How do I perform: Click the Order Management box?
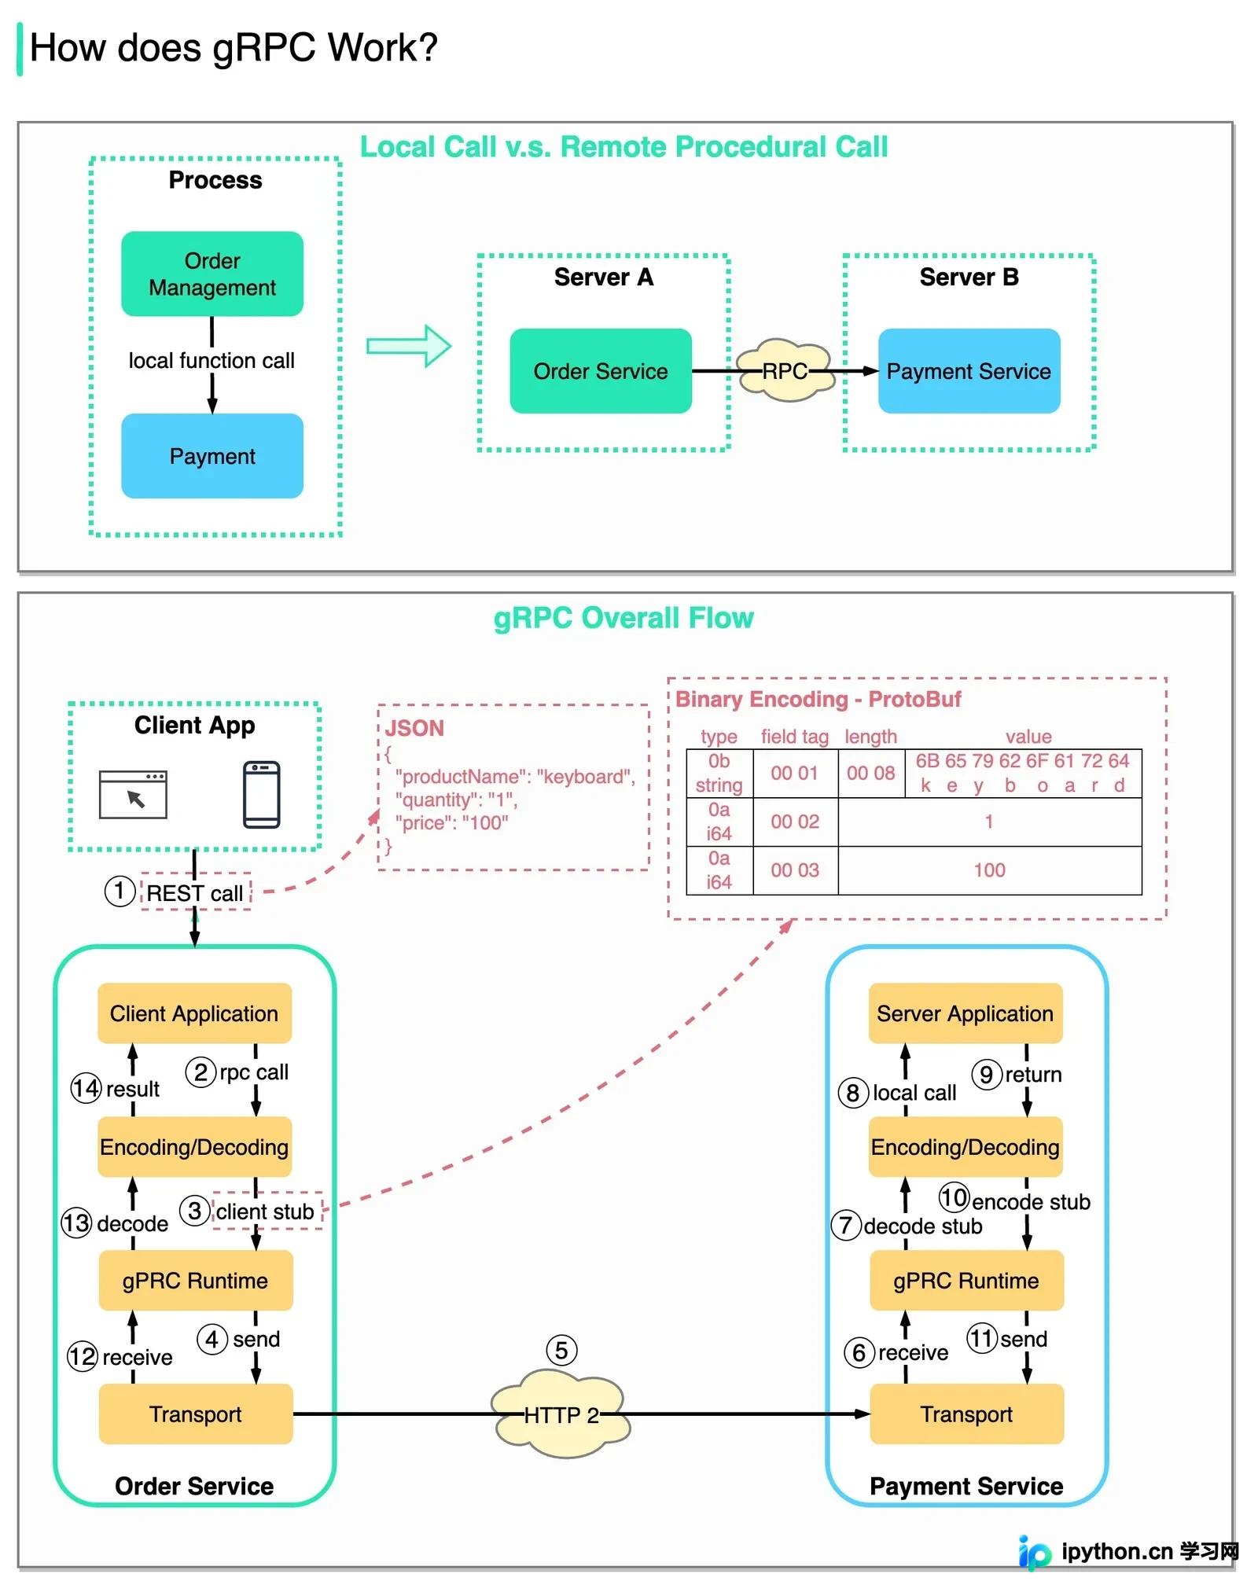(212, 274)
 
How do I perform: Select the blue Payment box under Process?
(212, 456)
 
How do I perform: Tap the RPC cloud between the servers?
(785, 370)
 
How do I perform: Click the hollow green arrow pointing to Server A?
(409, 346)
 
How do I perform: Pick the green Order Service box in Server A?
(601, 371)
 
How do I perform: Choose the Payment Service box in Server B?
(969, 371)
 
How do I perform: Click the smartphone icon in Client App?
(262, 794)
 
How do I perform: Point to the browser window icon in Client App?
(133, 794)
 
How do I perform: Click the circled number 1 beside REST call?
(120, 892)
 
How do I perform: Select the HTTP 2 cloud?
(561, 1414)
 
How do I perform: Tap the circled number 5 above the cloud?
(561, 1351)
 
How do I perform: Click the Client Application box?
(194, 1013)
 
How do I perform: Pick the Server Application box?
(966, 1013)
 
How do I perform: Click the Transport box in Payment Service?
(966, 1414)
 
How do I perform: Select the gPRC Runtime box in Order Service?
(196, 1281)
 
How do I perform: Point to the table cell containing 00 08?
(871, 774)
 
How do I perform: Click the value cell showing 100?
(990, 870)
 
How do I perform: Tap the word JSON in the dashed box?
(414, 728)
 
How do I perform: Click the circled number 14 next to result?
(86, 1088)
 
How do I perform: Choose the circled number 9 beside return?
(987, 1074)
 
